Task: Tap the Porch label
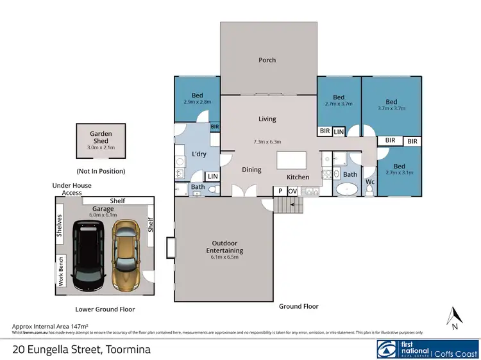click(267, 60)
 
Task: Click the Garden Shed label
click(100, 137)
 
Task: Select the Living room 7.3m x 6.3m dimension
click(267, 142)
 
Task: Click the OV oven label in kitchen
click(292, 191)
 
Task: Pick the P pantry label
click(280, 191)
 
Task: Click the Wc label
click(370, 182)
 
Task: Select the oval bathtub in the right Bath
click(348, 190)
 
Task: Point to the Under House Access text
click(72, 189)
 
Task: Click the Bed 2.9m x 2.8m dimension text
click(198, 102)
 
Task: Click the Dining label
click(251, 170)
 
